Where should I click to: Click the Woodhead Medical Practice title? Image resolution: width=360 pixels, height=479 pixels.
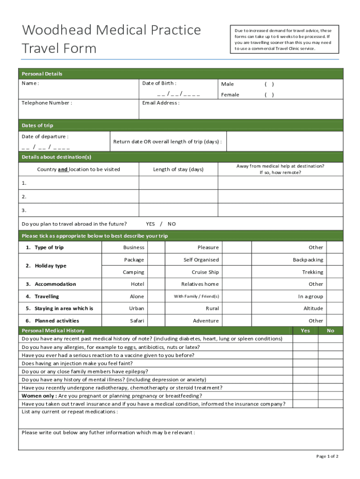[x=111, y=30]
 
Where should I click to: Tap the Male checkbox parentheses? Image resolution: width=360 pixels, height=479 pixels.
[x=269, y=84]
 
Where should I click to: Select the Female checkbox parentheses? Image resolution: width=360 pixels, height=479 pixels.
[x=269, y=95]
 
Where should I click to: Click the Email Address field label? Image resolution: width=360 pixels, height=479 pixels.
[x=160, y=103]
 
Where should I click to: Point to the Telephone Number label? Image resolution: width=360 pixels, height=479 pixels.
[x=47, y=103]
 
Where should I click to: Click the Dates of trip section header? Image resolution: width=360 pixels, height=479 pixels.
[x=37, y=125]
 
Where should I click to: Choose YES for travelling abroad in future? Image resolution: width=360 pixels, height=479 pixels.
[x=150, y=224]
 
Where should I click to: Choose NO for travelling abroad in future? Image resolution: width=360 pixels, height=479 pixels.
[x=172, y=224]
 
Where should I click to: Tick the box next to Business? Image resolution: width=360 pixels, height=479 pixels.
[x=156, y=247]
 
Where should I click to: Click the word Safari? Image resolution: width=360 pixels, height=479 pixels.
[x=137, y=321]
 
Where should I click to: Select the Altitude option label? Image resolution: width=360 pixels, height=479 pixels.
[x=313, y=309]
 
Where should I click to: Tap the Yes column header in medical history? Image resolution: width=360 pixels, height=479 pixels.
[x=305, y=331]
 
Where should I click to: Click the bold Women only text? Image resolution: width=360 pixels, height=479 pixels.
[x=39, y=396]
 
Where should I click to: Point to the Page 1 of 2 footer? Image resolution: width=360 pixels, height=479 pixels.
[x=327, y=457]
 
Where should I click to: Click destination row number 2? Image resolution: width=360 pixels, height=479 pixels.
[x=24, y=197]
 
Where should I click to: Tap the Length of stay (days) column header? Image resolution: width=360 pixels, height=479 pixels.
[x=178, y=169]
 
